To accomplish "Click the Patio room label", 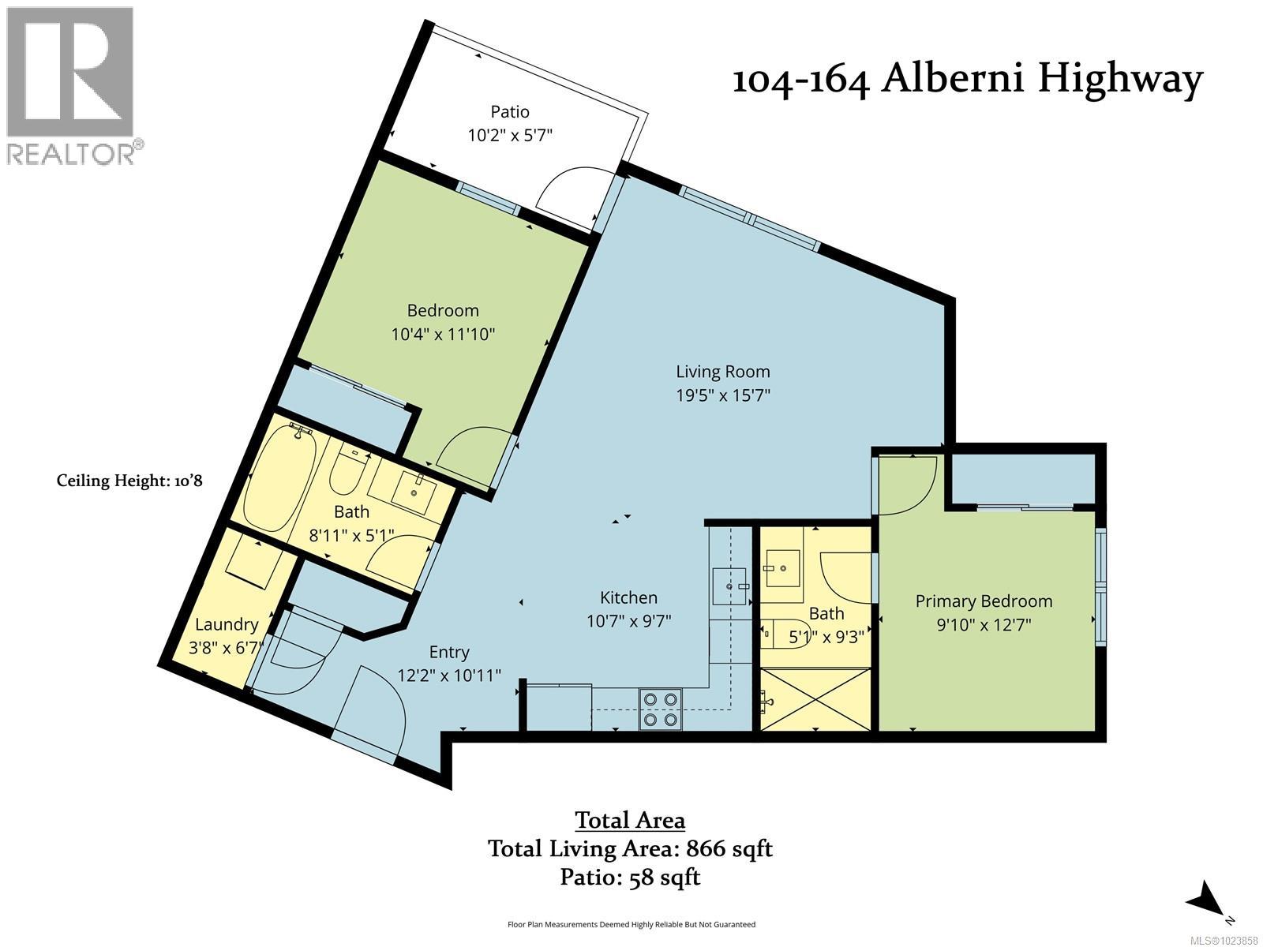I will coord(510,112).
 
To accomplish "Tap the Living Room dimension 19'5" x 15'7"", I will coord(722,395).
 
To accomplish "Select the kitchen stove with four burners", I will coord(660,708).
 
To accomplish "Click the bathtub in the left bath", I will coord(278,479).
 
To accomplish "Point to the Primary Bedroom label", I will coord(984,601).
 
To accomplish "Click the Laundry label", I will coord(227,624).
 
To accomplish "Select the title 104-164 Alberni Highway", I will coord(967,79).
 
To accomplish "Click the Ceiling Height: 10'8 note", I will coord(129,481).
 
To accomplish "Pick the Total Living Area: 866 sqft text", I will coord(630,848).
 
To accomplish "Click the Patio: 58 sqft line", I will coord(630,877).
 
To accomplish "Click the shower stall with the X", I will coord(815,699).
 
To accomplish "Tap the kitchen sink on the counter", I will coord(729,586).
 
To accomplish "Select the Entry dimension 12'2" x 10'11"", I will coord(449,676).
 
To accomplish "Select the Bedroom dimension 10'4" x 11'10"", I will coord(443,334).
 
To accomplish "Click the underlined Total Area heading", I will coord(630,820).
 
